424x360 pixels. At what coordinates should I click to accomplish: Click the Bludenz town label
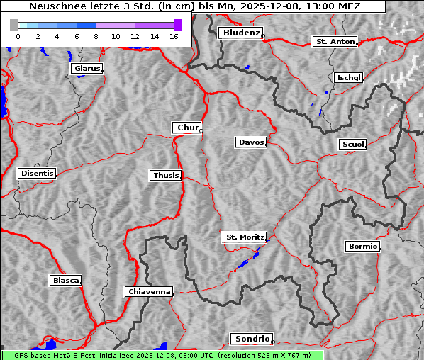240,33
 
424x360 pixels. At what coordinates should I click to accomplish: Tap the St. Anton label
335,42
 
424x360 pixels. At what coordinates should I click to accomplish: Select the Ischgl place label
348,77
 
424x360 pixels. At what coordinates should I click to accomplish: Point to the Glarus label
87,69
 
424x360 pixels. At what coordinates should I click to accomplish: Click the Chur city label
187,128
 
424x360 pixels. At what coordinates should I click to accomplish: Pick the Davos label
251,142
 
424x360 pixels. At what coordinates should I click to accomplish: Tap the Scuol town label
352,145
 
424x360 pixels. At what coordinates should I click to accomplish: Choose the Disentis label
36,174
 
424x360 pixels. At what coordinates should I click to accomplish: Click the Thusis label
166,175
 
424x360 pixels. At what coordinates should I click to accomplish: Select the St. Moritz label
244,237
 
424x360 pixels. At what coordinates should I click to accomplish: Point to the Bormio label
362,247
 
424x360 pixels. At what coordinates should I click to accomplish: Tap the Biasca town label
66,281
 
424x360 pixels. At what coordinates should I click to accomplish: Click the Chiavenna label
149,291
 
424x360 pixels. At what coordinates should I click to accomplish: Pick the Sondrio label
251,339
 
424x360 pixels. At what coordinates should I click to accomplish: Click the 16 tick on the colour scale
173,35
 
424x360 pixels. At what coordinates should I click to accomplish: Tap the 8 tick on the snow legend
96,35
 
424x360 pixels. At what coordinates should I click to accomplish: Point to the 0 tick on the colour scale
18,35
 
